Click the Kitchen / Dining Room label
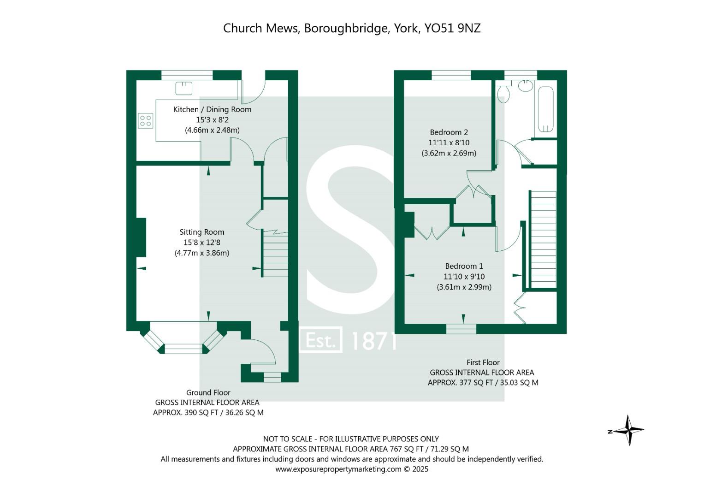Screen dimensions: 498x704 click(212, 109)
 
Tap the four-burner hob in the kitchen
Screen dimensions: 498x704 click(145, 121)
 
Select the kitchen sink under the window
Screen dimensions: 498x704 click(183, 87)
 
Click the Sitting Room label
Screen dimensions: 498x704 click(202, 232)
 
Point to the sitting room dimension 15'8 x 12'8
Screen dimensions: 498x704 click(202, 243)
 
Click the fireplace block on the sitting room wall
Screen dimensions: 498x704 click(140, 237)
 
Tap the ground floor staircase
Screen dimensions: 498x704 click(275, 254)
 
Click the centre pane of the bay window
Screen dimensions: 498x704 click(183, 349)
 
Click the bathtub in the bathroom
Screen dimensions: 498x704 click(545, 109)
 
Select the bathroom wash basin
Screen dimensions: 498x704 click(525, 85)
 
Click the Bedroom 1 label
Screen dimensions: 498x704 click(464, 266)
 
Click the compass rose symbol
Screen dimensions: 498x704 click(629, 430)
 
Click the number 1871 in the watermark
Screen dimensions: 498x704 click(373, 341)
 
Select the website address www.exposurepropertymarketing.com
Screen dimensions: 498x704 click(338, 469)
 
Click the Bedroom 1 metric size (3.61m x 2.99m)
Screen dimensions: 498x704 click(464, 287)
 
